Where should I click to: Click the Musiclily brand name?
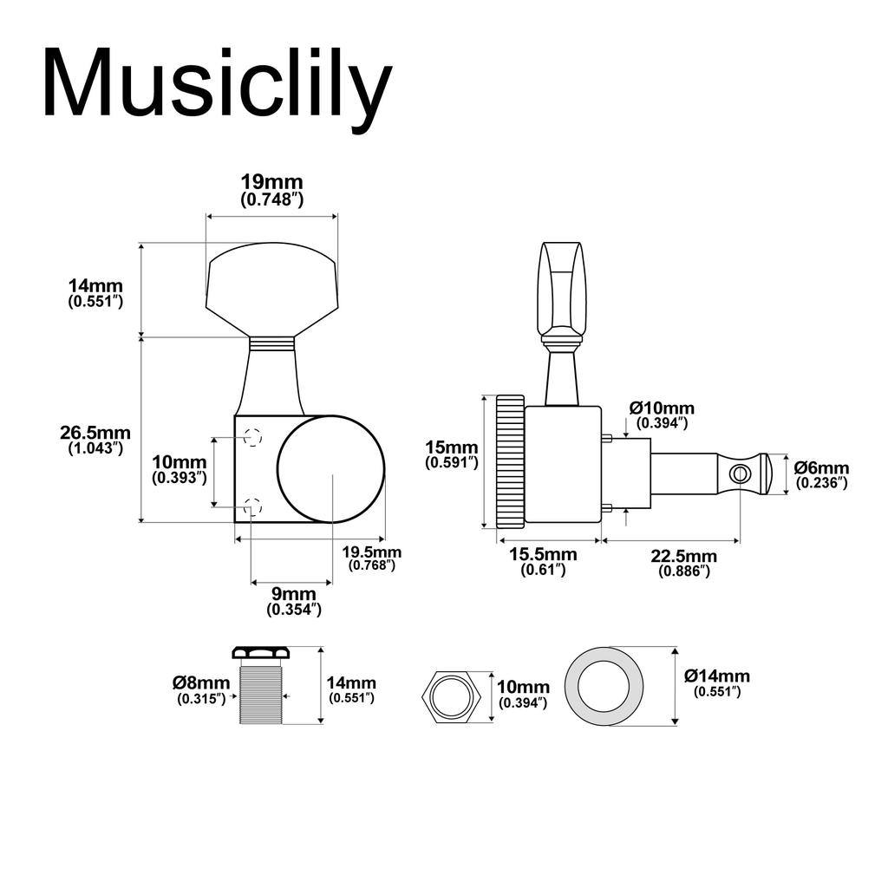tap(217, 84)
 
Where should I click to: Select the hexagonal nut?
tap(451, 695)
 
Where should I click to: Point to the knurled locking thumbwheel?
tap(510, 462)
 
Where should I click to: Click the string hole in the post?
tap(740, 473)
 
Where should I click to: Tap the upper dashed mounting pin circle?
tap(252, 437)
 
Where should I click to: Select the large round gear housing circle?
tap(330, 469)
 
